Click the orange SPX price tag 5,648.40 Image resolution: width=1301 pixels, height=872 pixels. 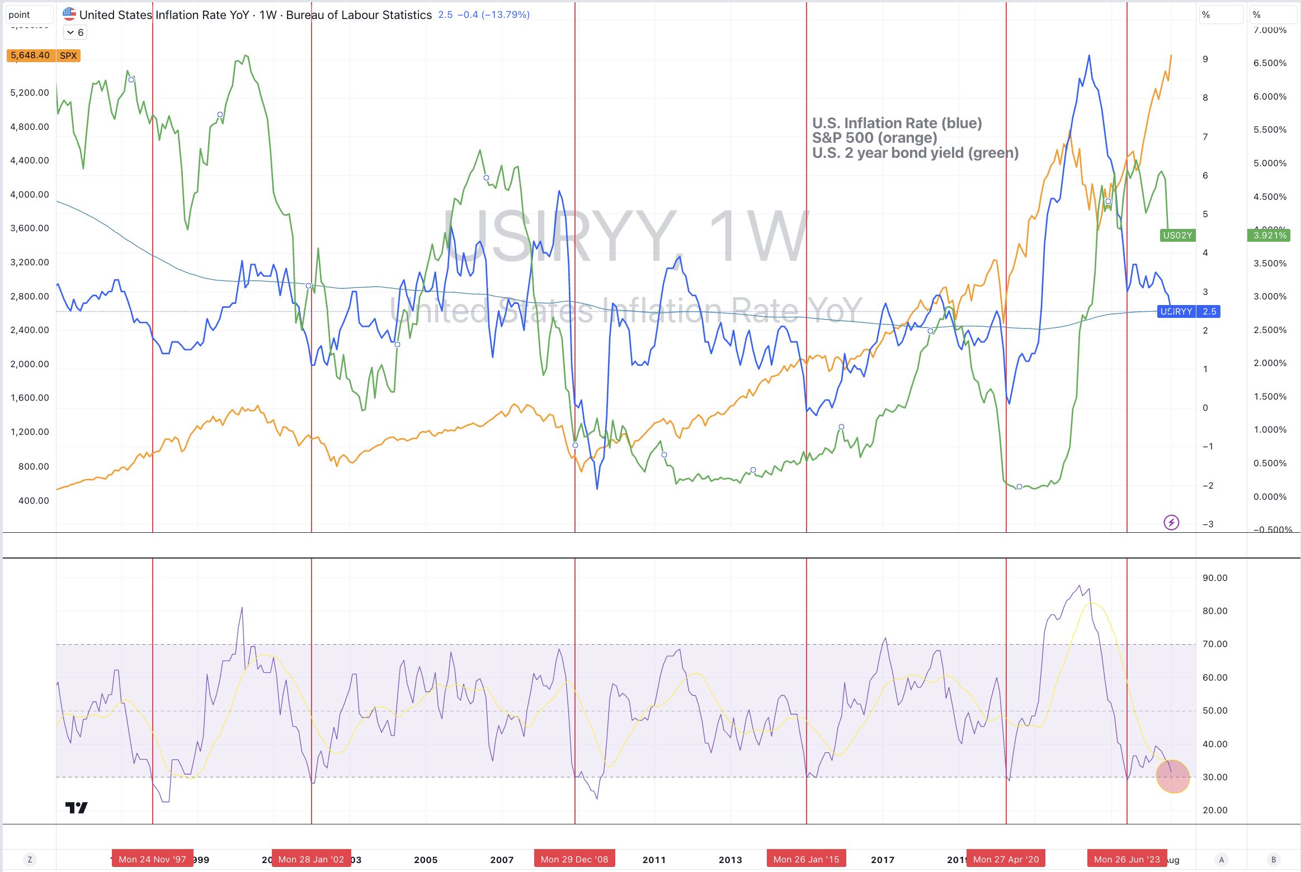[31, 55]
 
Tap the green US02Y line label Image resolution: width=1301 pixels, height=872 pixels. [1177, 235]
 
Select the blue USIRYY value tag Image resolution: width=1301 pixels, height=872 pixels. [1189, 311]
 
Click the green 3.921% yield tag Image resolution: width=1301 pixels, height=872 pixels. [1270, 235]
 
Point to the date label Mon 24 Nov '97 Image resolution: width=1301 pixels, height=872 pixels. [152, 859]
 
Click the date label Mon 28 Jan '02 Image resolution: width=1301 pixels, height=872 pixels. [311, 859]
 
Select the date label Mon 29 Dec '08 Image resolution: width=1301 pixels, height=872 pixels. [574, 859]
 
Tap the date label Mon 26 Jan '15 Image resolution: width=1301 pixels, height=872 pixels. [806, 859]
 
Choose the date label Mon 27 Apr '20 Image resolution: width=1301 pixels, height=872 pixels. [1006, 859]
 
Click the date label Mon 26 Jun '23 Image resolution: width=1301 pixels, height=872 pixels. [1126, 859]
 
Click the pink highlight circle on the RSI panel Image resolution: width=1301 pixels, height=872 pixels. [1173, 777]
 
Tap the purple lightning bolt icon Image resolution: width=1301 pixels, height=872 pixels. [1171, 522]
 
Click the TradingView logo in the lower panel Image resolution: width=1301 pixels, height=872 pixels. [77, 808]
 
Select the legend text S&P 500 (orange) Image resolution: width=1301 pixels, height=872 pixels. [874, 138]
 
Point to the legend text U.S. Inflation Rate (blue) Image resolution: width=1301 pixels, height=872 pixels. [897, 123]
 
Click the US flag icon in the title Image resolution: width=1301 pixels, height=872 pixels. [69, 14]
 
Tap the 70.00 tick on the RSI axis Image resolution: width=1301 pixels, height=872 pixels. [1215, 644]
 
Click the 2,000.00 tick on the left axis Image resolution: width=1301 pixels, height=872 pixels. [30, 364]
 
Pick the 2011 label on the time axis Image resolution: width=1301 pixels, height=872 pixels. [654, 860]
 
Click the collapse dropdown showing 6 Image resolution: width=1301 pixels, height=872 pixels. [75, 32]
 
